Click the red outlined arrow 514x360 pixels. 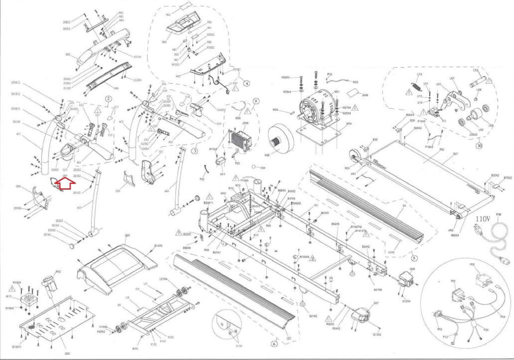click(x=65, y=184)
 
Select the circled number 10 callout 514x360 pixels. click(x=480, y=145)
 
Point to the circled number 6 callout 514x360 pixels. click(x=274, y=344)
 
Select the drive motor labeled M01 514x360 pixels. click(x=318, y=109)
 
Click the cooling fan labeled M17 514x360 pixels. click(x=28, y=300)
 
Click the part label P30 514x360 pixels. click(x=499, y=214)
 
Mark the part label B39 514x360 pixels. click(x=375, y=140)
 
